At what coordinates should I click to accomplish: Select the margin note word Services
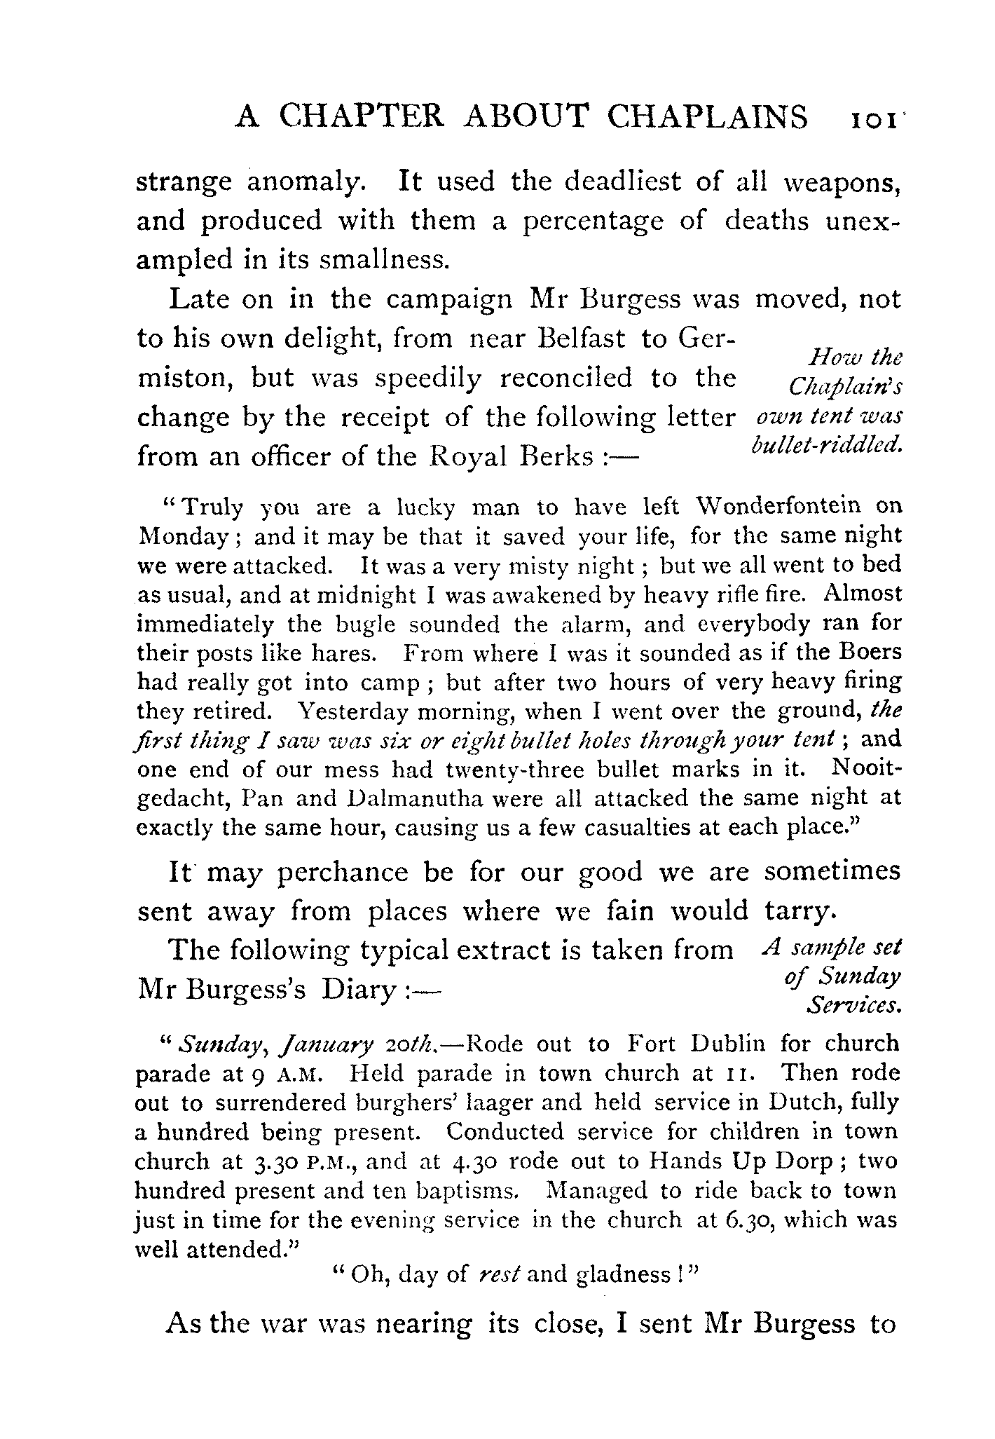click(853, 1006)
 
